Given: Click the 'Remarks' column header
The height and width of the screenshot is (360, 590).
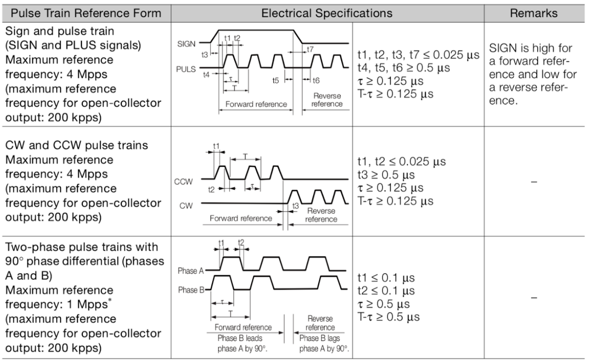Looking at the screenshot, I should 534,13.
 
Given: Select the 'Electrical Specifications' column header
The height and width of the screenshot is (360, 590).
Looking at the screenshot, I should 327,13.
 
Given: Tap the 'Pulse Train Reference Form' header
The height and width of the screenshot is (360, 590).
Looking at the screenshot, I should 86,13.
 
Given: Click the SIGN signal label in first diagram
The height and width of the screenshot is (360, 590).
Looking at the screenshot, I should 186,44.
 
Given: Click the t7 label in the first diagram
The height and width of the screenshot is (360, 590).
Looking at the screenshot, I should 310,49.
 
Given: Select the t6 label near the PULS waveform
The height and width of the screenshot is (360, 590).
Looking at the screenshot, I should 316,80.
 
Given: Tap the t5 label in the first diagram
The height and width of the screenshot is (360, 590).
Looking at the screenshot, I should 276,80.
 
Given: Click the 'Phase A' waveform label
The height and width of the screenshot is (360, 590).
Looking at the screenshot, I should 190,271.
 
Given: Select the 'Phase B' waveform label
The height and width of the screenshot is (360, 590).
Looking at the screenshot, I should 190,289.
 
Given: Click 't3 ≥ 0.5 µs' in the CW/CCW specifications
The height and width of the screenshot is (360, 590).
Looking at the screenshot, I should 385,175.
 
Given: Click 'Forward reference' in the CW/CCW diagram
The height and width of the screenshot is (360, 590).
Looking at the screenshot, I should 241,218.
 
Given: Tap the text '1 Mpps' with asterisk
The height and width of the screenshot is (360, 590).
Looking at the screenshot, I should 90,304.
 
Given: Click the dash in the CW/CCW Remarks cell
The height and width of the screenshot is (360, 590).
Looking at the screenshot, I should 534,182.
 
